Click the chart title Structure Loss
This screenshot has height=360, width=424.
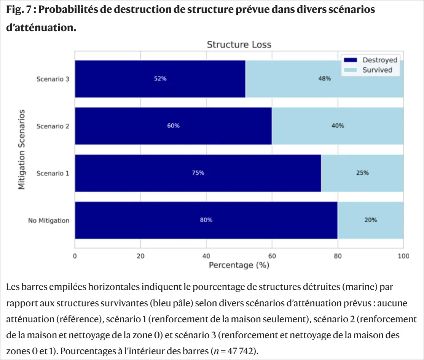(x=239, y=45)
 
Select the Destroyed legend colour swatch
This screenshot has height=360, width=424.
(x=350, y=60)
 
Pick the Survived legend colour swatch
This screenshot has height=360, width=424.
(x=350, y=70)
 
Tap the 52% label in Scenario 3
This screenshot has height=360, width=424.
(x=160, y=79)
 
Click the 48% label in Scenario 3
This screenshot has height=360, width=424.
(x=324, y=79)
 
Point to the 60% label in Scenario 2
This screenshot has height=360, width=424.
(x=173, y=126)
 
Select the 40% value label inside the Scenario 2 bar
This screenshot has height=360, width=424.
(x=338, y=126)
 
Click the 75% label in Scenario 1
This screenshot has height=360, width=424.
(x=198, y=173)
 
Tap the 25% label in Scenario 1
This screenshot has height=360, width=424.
(x=362, y=173)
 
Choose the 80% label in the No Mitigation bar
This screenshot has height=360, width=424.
(x=206, y=220)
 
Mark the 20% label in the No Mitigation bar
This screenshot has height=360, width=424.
(x=370, y=220)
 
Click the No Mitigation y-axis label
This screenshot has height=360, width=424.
(x=48, y=220)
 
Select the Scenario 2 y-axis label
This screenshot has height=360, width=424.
(x=53, y=126)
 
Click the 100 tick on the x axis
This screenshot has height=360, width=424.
(x=403, y=256)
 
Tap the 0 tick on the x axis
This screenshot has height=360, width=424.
(x=75, y=256)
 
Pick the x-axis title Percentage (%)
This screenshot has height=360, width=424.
(x=239, y=265)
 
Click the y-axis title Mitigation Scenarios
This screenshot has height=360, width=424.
(x=22, y=149)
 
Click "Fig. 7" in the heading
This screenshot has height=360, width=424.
(x=18, y=10)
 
